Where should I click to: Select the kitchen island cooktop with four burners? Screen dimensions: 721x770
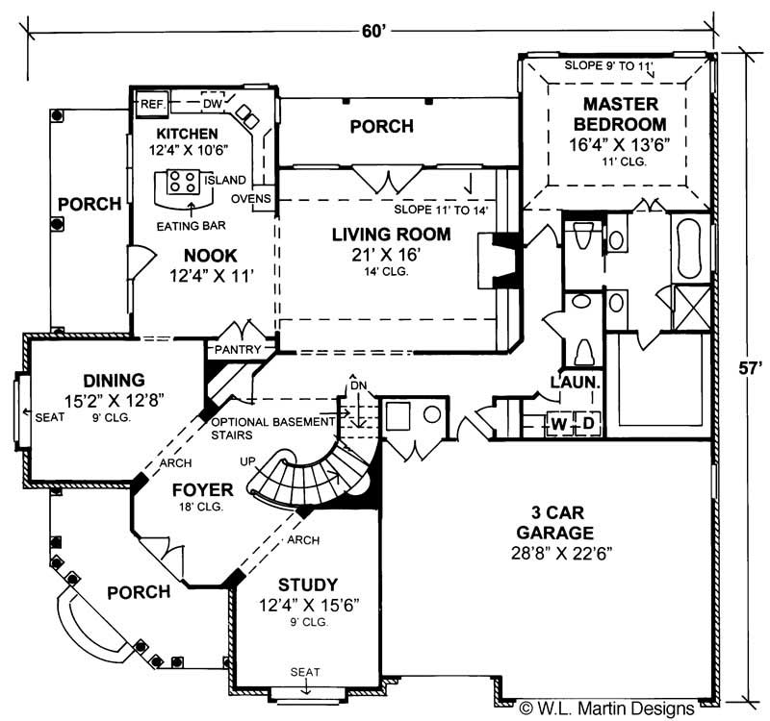182,180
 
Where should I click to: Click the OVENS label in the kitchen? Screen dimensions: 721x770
253,199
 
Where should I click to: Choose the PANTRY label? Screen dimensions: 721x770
238,349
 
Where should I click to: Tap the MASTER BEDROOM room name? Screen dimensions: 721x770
619,114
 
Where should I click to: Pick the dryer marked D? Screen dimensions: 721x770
584,424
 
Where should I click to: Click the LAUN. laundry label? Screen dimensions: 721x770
576,382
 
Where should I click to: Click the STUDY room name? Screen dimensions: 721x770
308,584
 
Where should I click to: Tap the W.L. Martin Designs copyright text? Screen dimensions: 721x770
606,709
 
